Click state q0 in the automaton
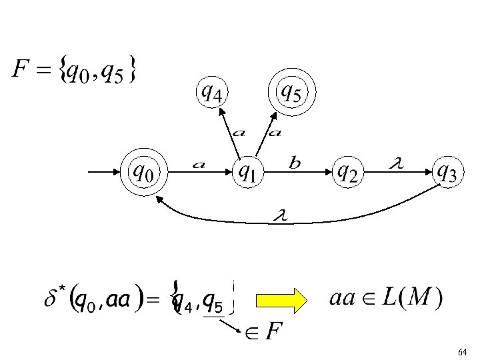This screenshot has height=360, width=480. pyautogui.click(x=143, y=173)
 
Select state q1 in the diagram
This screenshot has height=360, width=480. pyautogui.click(x=247, y=173)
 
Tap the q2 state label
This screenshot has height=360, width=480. pyautogui.click(x=346, y=173)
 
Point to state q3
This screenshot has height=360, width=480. pyautogui.click(x=446, y=173)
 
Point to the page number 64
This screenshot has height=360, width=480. pyautogui.click(x=462, y=351)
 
